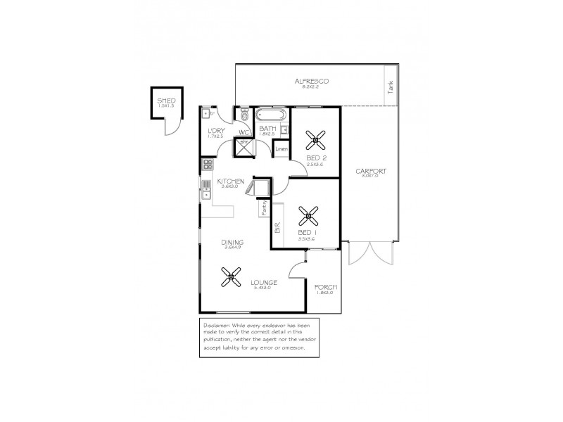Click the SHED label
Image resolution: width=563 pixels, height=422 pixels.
[166, 101]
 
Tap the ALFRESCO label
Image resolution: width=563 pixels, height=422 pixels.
[312, 82]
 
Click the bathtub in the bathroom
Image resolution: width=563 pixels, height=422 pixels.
[270, 115]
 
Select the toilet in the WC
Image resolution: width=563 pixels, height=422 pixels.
[244, 115]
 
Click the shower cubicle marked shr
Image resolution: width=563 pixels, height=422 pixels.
[243, 145]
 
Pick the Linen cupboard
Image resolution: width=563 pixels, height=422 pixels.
[281, 150]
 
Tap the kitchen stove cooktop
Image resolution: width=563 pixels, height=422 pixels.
[208, 165]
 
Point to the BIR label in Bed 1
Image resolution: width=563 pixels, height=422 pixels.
[277, 228]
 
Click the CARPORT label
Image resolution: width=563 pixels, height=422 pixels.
[371, 172]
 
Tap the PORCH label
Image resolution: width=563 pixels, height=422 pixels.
[326, 288]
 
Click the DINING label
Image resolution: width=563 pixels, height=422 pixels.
[233, 242]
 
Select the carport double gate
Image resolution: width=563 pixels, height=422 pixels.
[370, 253]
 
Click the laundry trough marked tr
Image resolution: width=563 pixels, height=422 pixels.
[209, 113]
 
